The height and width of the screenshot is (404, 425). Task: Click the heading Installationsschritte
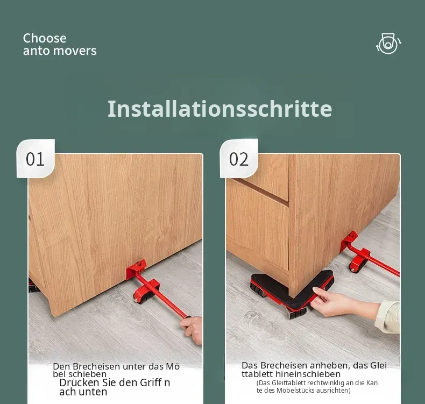(220, 109)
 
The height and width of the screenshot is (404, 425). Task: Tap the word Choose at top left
(45, 38)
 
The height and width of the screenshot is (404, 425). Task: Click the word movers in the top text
(78, 51)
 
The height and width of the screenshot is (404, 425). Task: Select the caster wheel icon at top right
(388, 44)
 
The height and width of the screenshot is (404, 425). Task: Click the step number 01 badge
(36, 159)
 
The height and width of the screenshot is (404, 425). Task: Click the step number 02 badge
(239, 159)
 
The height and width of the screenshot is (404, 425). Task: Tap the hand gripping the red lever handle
(193, 329)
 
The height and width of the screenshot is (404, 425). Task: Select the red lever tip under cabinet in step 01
(136, 268)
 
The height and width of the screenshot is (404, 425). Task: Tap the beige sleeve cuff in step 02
(387, 316)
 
